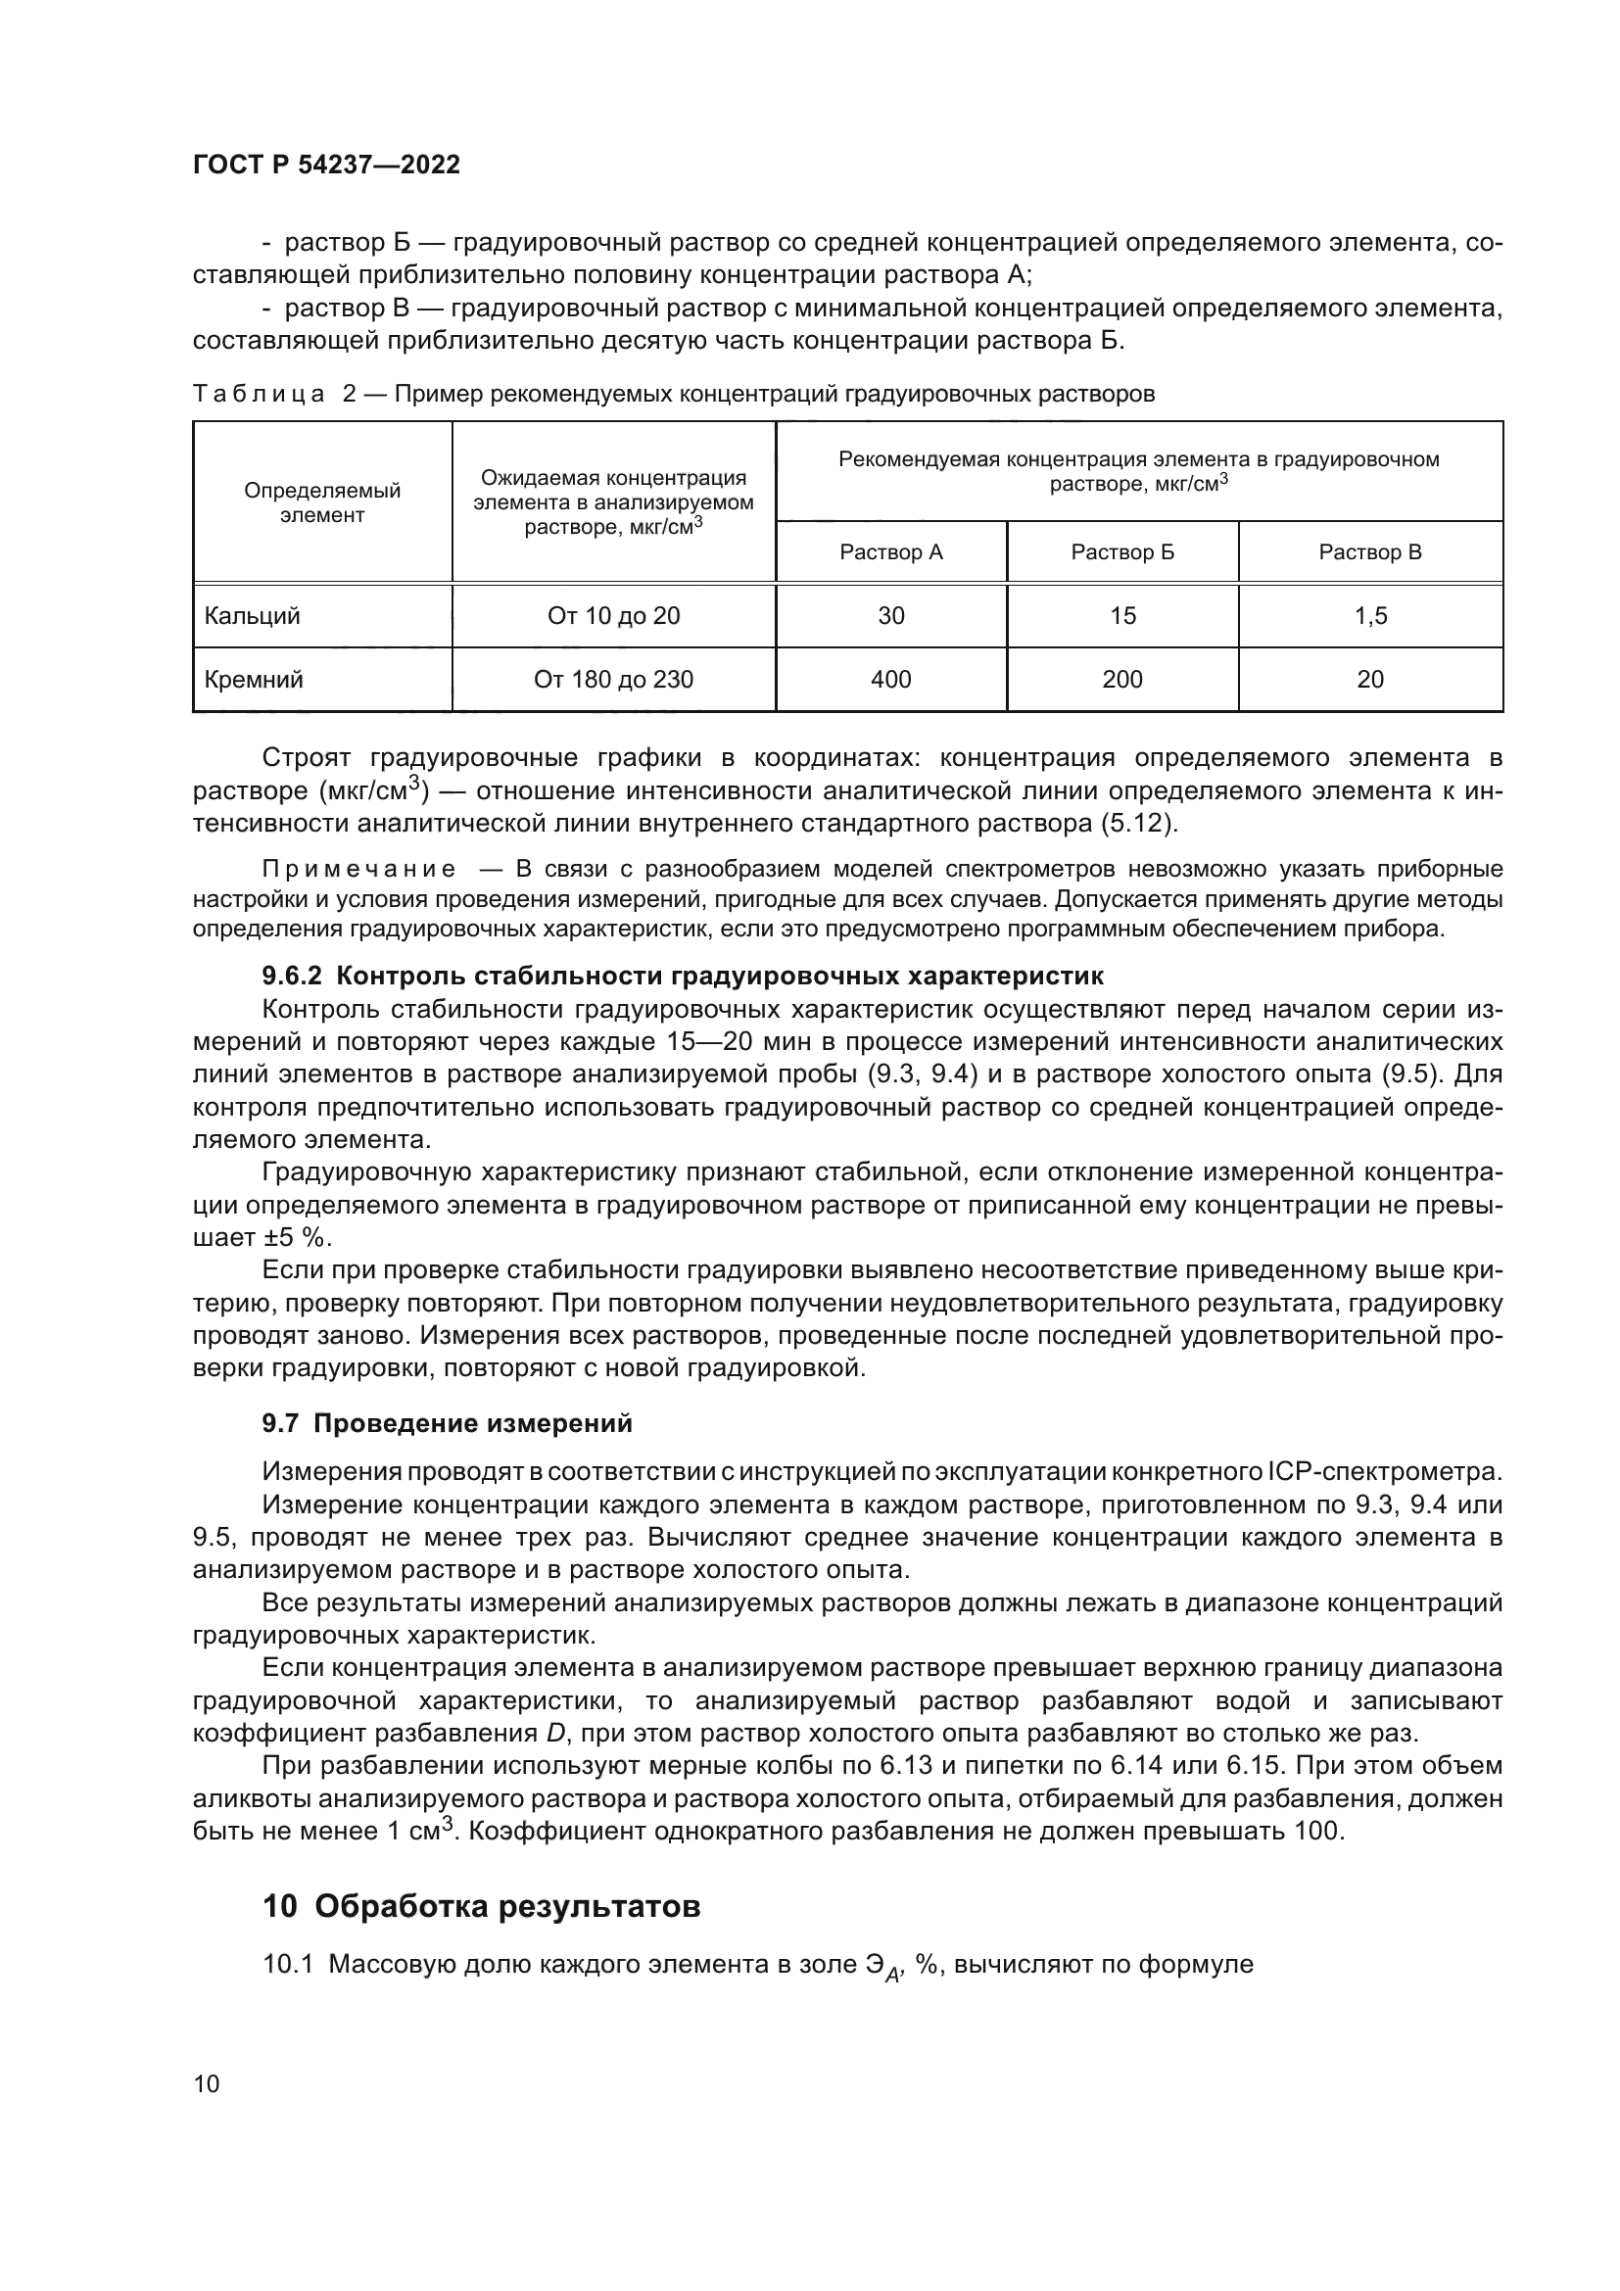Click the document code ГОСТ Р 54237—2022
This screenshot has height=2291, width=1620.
pyautogui.click(x=326, y=166)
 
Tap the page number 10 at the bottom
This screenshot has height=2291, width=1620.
pyautogui.click(x=207, y=2083)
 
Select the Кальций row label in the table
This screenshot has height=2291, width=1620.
pyautogui.click(x=252, y=616)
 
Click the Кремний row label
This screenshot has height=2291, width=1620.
pyautogui.click(x=254, y=680)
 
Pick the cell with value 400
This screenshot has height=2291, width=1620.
pyautogui.click(x=889, y=680)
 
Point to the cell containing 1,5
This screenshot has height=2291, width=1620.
pyautogui.click(x=1369, y=616)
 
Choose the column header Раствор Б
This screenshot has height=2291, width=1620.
pyautogui.click(x=1121, y=551)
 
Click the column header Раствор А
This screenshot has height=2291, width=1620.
pyautogui.click(x=889, y=551)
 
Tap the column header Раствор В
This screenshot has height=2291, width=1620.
pyautogui.click(x=1369, y=551)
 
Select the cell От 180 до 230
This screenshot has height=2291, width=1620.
pyautogui.click(x=612, y=680)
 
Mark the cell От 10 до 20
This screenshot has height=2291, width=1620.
pyautogui.click(x=612, y=616)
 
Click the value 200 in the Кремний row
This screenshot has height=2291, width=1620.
pyautogui.click(x=1121, y=680)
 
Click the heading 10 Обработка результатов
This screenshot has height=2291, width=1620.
pyautogui.click(x=481, y=1906)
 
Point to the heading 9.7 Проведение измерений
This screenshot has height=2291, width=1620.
pyautogui.click(x=447, y=1424)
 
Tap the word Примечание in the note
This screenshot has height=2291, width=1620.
pyautogui.click(x=358, y=868)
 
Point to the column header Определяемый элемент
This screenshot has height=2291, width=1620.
pyautogui.click(x=321, y=502)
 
